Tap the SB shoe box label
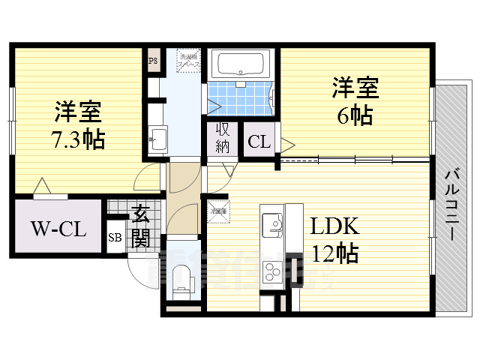click(115, 238)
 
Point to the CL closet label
click(259, 141)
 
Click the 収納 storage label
click(222, 137)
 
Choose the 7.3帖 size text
click(78, 139)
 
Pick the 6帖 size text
click(354, 116)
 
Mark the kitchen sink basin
click(271, 223)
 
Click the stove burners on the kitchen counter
click(271, 271)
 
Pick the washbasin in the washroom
click(157, 138)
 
